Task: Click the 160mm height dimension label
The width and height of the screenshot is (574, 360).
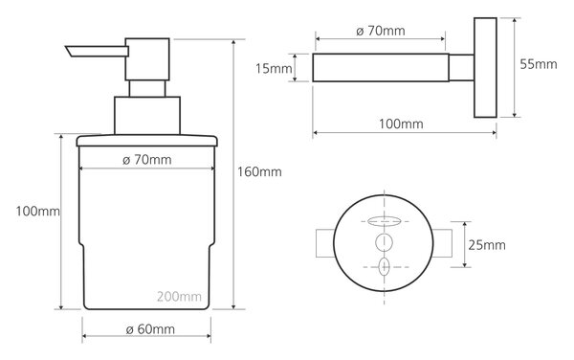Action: tap(259, 171)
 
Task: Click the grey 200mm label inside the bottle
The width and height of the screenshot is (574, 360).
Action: tap(180, 296)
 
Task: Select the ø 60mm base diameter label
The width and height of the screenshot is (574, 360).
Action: tap(150, 329)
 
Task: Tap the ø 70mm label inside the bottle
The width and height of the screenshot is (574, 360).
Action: tap(146, 160)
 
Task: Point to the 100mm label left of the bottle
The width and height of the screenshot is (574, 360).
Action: tap(37, 212)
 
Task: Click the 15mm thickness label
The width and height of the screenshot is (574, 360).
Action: tap(274, 69)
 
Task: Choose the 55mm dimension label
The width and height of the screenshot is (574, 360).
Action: tap(539, 64)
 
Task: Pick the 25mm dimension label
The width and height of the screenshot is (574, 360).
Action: tap(487, 245)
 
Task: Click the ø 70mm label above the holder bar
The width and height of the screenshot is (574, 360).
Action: tap(381, 31)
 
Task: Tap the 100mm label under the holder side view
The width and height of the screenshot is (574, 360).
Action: tap(401, 124)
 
